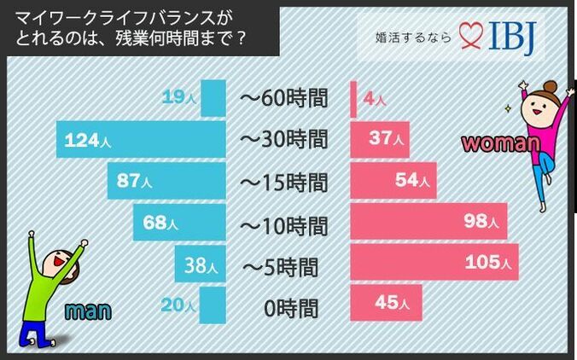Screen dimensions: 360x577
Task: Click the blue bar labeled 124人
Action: click(141, 139)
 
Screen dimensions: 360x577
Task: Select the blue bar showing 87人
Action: click(166, 181)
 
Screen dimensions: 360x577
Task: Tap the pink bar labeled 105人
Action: click(434, 264)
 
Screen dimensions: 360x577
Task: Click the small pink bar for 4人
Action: click(353, 99)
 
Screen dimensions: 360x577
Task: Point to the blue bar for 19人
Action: click(213, 97)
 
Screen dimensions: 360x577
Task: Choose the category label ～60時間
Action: click(284, 98)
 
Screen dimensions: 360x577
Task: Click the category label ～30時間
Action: click(284, 139)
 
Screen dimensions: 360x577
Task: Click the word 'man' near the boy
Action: click(90, 311)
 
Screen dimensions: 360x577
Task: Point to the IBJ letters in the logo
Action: click(516, 37)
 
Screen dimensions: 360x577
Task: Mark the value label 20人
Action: click(178, 303)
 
